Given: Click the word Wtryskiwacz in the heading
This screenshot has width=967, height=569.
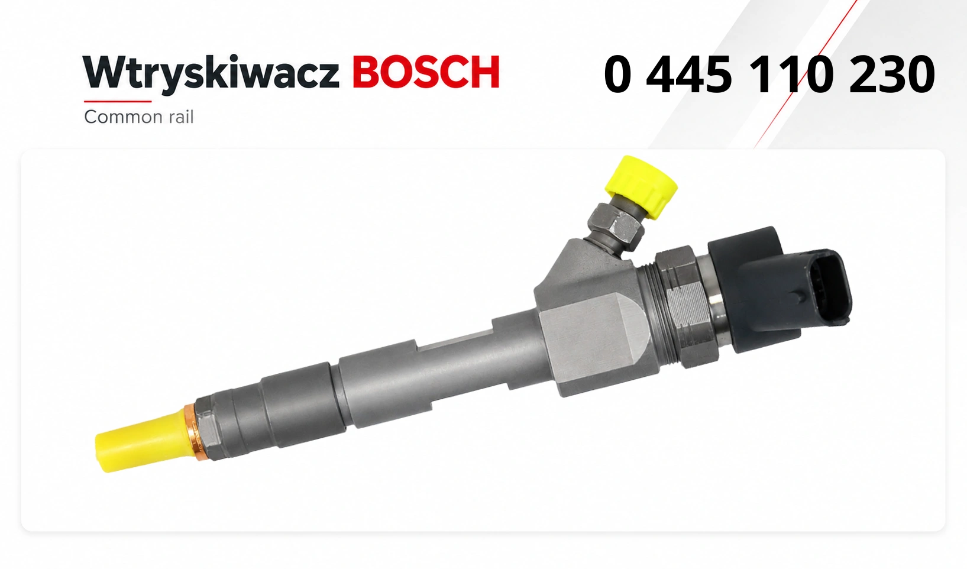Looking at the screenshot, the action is (x=212, y=73).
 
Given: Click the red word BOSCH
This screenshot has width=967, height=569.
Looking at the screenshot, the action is (x=426, y=72).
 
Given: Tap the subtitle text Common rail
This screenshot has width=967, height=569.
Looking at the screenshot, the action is (x=138, y=117).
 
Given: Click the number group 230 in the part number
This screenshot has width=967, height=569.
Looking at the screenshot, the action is (x=892, y=75).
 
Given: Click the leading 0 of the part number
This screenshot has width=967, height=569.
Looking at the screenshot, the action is (x=618, y=75).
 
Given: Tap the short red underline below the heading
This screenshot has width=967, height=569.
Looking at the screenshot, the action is (x=118, y=102).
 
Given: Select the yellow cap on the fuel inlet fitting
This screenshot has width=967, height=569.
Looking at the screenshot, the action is (x=642, y=186).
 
